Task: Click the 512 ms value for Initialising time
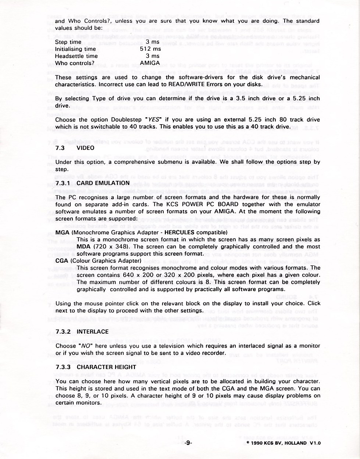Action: (150, 49)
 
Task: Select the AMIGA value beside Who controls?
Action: (150, 63)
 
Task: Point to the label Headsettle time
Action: (76, 56)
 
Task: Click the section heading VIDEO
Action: (85, 148)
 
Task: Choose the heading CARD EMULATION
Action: (103, 183)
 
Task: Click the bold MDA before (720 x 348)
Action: (83, 247)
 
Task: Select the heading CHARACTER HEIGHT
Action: (106, 367)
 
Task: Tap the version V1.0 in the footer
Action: (315, 443)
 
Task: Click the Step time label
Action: (68, 42)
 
